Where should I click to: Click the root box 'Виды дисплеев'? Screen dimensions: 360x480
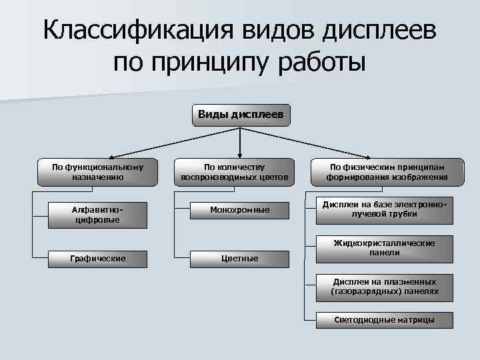click(240, 115)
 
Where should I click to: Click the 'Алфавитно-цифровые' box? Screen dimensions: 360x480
click(97, 214)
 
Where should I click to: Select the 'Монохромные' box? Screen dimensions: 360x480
click(239, 210)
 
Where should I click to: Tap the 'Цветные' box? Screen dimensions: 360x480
click(239, 257)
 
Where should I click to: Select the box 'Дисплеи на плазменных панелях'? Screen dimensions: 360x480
click(384, 287)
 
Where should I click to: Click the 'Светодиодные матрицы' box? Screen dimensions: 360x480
click(384, 320)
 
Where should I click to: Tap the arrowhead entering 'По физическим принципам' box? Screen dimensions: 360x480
click(371, 155)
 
